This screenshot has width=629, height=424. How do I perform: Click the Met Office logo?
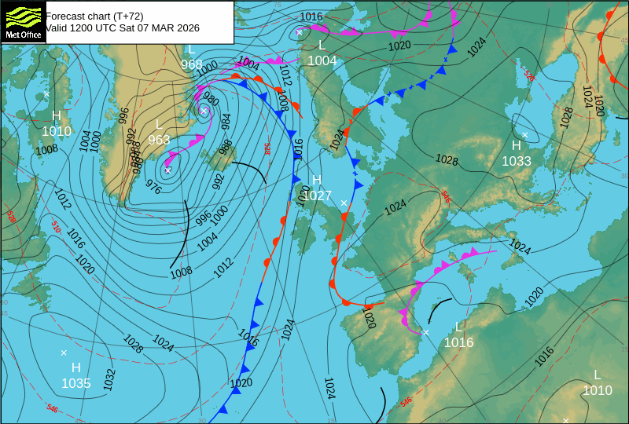click(24, 22)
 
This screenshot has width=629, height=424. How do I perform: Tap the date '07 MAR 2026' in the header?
click(160, 28)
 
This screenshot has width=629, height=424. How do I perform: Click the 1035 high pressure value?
click(76, 383)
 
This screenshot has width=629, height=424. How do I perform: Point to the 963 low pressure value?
click(159, 140)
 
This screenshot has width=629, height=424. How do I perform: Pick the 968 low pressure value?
click(192, 64)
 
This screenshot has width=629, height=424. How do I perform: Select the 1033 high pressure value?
click(517, 161)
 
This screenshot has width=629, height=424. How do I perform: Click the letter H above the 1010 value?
click(57, 116)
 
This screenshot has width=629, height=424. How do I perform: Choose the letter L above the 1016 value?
click(459, 327)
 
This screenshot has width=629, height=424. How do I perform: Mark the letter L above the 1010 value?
click(597, 375)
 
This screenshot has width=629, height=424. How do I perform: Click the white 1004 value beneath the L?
click(322, 60)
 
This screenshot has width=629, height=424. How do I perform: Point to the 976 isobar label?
click(153, 188)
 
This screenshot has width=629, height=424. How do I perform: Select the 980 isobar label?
click(211, 100)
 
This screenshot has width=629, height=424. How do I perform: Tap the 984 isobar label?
click(226, 121)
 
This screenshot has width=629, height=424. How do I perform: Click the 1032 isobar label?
click(109, 380)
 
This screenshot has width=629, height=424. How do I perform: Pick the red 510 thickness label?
click(56, 228)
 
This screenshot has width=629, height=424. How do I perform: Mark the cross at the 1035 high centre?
click(64, 353)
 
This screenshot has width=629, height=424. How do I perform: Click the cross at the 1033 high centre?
click(525, 135)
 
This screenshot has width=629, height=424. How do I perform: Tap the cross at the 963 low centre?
click(168, 170)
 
